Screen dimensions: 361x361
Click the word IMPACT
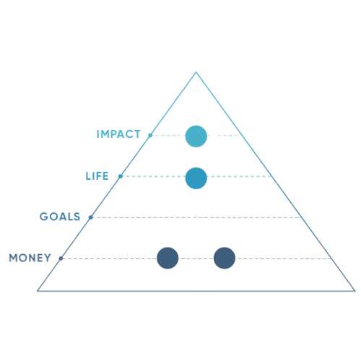tap(118, 134)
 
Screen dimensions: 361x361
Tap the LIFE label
tap(97, 176)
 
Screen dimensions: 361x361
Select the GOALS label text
tap(60, 217)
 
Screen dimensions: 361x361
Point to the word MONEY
tap(30, 258)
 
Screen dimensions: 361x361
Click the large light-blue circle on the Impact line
tap(196, 136)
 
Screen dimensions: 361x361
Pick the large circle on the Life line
tap(196, 178)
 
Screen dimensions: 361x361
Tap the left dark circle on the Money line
tap(168, 258)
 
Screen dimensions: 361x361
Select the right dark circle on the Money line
tap(225, 258)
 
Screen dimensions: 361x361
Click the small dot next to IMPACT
tap(150, 135)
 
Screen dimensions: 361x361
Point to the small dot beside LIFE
tap(121, 176)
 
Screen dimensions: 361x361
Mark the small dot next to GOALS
tap(91, 217)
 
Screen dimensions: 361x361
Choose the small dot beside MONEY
tap(61, 258)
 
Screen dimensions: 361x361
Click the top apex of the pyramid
tap(196, 72)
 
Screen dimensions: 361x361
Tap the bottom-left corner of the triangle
tap(38, 291)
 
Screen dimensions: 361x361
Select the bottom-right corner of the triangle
tap(355, 291)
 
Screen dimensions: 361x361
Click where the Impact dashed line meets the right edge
tap(242, 136)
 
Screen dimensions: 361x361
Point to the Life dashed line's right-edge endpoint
tap(271, 176)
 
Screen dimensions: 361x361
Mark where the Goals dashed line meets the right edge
tap(301, 217)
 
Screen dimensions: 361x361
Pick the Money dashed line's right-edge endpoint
tap(331, 258)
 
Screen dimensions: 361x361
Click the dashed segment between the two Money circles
tap(196, 258)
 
